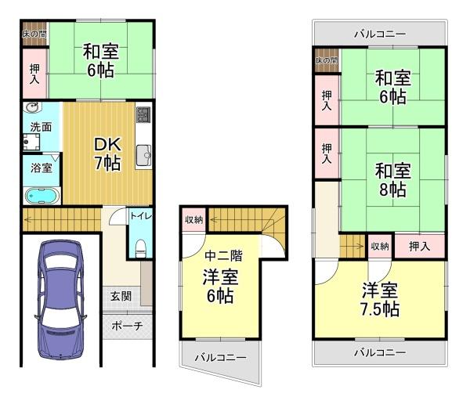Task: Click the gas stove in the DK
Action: coord(143,117)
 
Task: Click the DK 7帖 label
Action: coord(107,153)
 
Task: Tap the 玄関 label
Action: coord(121,296)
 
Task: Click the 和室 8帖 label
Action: coord(392,179)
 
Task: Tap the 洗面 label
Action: coord(41,126)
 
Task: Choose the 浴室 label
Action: coord(42,168)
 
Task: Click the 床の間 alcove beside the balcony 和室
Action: coord(326,60)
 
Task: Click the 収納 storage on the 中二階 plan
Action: coord(193,219)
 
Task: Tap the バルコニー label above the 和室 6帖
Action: coord(379,34)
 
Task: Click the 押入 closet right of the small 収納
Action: coord(419,246)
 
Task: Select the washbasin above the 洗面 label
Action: coord(31,107)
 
